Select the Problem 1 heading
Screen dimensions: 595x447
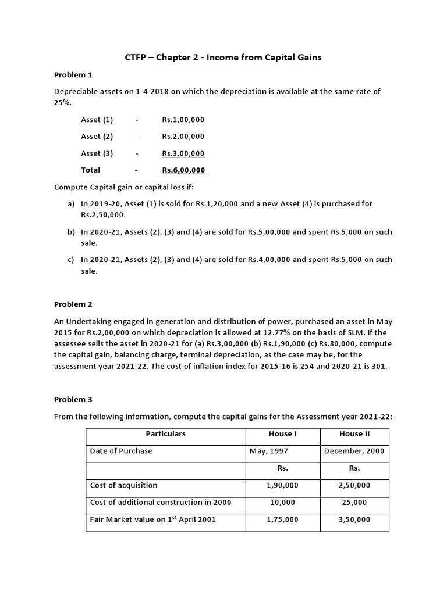73,75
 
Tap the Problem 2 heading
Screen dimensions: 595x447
73,304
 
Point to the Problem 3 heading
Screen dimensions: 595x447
73,399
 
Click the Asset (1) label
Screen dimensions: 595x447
97,120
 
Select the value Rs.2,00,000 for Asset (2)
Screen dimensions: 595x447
183,137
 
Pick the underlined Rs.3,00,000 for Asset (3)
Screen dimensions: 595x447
183,153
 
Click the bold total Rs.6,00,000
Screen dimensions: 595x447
183,170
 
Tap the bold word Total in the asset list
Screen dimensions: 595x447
91,170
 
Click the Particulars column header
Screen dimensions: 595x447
166,434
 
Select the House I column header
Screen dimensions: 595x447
283,434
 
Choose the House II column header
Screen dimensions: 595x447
354,434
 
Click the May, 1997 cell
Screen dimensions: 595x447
268,451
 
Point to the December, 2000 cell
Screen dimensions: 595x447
354,451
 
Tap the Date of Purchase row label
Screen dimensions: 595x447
121,451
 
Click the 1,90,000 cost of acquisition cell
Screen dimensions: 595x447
283,485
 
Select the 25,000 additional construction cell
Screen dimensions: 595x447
354,502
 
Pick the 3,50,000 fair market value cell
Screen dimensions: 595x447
354,519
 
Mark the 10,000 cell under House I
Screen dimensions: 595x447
283,502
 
